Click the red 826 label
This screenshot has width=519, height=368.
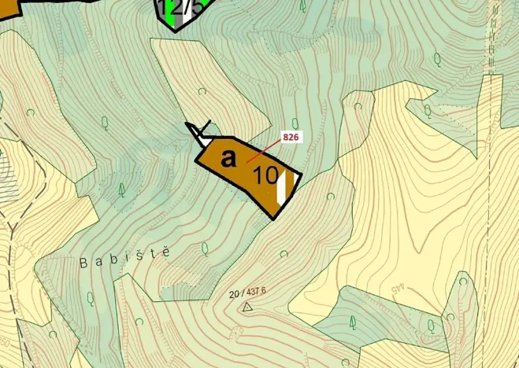pyautogui.click(x=291, y=138)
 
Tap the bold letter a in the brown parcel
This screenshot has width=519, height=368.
pyautogui.click(x=228, y=159)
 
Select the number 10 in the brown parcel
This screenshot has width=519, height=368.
pyautogui.click(x=266, y=175)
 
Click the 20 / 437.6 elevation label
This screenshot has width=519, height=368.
pyautogui.click(x=247, y=292)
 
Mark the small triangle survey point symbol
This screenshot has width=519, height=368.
pyautogui.click(x=247, y=307)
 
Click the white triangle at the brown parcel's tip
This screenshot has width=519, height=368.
pyautogui.click(x=202, y=138)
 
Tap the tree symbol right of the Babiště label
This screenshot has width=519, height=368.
pyautogui.click(x=205, y=249)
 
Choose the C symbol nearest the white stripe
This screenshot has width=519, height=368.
pyautogui.click(x=330, y=197)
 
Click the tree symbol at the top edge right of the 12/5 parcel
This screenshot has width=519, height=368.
pyautogui.click(x=303, y=6)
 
